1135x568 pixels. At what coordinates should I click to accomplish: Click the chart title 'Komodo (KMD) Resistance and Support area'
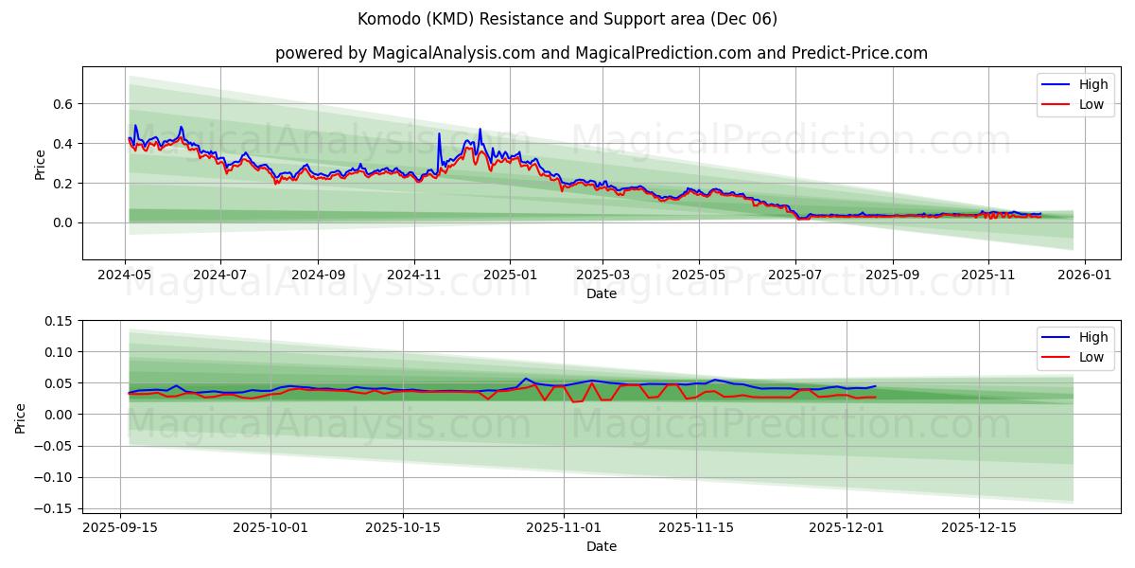click(567, 19)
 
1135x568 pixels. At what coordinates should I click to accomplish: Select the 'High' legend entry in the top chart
click(1092, 84)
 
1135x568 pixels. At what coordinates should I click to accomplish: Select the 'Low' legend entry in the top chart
click(1091, 104)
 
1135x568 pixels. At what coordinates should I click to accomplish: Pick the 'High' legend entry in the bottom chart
click(1092, 337)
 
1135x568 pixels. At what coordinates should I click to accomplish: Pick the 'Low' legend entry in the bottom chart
click(1091, 357)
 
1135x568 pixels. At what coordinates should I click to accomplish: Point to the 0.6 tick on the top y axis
click(62, 103)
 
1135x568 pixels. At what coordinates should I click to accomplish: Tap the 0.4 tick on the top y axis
click(62, 143)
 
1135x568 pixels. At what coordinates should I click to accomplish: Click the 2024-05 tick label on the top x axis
click(126, 275)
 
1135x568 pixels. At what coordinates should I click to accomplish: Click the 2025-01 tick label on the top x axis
click(510, 275)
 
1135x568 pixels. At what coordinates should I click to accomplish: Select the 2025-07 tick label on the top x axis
click(795, 275)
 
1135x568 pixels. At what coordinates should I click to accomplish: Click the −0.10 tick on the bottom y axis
click(55, 477)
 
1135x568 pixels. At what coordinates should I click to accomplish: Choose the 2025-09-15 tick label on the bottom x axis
click(120, 527)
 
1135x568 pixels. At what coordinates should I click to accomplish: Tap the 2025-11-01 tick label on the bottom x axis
click(564, 527)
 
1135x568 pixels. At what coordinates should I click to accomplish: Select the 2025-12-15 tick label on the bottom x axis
click(979, 527)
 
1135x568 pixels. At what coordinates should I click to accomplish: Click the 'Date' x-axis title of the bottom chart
click(601, 546)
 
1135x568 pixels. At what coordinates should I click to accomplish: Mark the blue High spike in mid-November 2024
click(439, 133)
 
